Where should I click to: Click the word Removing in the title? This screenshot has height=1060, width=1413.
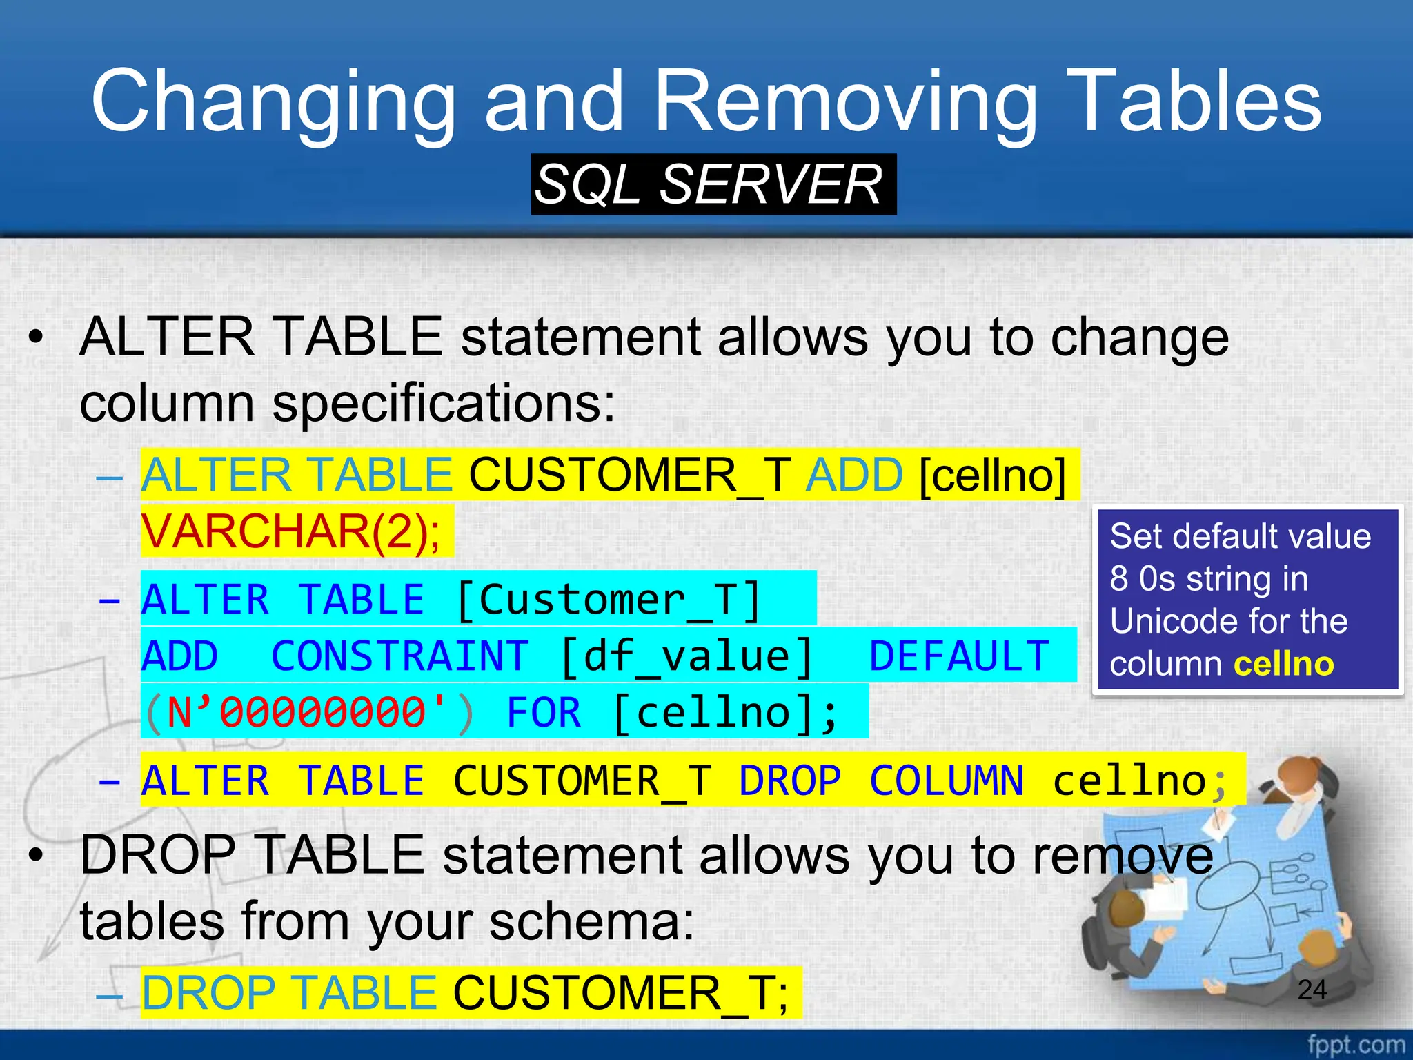pyautogui.click(x=845, y=102)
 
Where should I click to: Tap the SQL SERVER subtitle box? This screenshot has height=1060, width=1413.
pyautogui.click(x=713, y=184)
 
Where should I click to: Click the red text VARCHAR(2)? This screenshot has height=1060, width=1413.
pyautogui.click(x=290, y=531)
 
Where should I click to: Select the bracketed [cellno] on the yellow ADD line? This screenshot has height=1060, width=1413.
pyautogui.click(x=994, y=475)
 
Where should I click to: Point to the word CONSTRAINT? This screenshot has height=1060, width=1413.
pyautogui.click(x=399, y=656)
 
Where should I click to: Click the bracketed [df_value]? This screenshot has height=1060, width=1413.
pyautogui.click(x=686, y=656)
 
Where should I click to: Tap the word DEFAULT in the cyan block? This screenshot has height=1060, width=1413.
pyautogui.click(x=958, y=656)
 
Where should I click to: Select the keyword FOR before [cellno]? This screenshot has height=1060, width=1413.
pyautogui.click(x=544, y=713)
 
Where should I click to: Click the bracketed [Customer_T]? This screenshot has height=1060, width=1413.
pyautogui.click(x=609, y=599)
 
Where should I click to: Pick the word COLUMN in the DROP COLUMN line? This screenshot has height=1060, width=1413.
pyautogui.click(x=946, y=781)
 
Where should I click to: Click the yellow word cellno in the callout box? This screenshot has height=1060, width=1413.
pyautogui.click(x=1283, y=664)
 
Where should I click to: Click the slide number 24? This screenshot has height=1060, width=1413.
pyautogui.click(x=1312, y=990)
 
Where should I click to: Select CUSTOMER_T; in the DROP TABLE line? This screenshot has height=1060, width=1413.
pyautogui.click(x=620, y=993)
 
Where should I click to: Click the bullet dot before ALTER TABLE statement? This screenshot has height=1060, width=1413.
pyautogui.click(x=36, y=337)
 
